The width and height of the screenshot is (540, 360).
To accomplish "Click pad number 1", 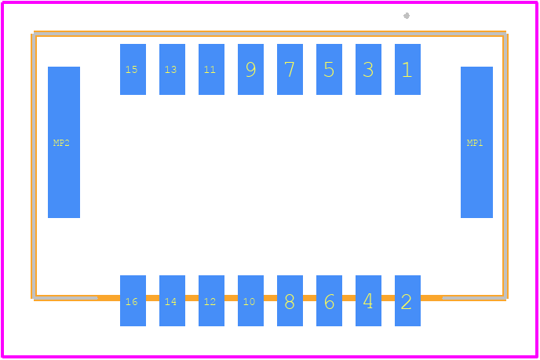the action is point(407,69).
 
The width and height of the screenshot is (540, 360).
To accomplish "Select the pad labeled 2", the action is point(407,300).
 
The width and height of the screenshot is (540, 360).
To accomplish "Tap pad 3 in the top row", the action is point(368,69).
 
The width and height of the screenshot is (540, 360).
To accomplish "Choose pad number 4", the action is point(368,300).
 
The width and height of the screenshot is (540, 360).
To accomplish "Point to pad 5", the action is point(329,69).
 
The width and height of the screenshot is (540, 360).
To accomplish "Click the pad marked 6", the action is point(329,300).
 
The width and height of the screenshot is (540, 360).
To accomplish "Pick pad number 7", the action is point(290,69).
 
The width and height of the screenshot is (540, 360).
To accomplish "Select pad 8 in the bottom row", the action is point(290,300).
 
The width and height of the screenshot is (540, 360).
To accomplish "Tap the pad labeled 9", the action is point(250,69).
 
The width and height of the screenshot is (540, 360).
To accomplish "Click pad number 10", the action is point(250,300).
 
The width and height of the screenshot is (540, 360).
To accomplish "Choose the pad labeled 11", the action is point(211,69).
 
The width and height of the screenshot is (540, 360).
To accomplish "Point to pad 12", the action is point(211,300).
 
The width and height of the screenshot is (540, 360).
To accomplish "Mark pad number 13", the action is point(172,69).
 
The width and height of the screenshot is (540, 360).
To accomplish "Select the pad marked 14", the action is point(172,300).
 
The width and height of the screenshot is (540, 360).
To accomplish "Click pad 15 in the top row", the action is point(133,69).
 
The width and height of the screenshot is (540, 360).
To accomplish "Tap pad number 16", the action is point(133,300).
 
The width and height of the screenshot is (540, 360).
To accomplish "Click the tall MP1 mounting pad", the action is point(476,142).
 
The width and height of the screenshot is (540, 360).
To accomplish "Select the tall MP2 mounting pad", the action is point(64,142).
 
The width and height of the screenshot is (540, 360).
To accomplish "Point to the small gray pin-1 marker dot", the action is point(407,16).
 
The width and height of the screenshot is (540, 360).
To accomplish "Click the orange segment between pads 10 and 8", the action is point(270,298).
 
